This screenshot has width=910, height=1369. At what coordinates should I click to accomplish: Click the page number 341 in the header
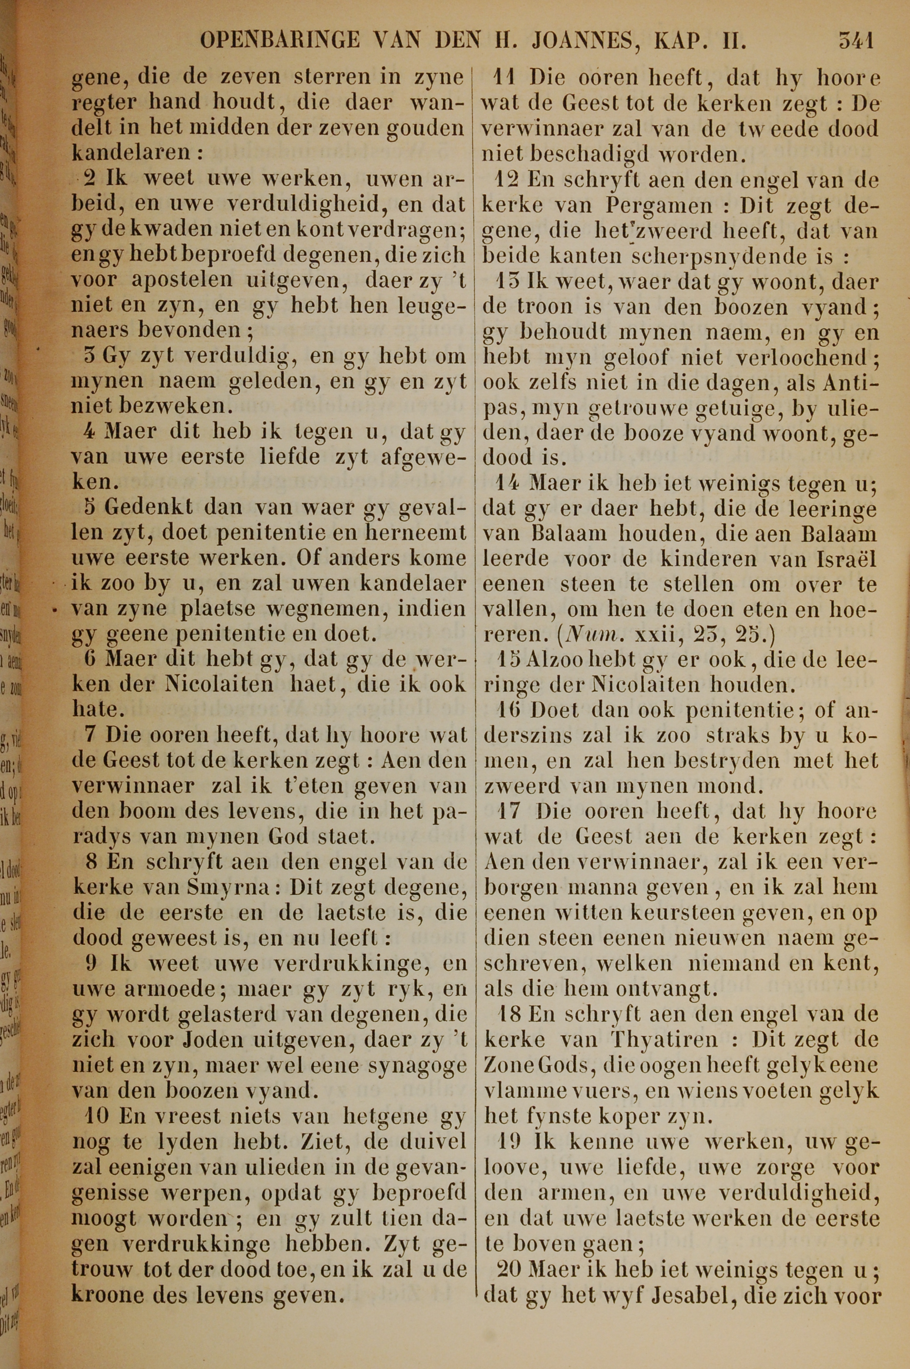point(855,42)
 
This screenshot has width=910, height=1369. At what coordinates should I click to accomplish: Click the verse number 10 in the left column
point(93,1115)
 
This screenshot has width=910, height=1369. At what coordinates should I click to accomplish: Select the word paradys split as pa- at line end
point(447,812)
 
